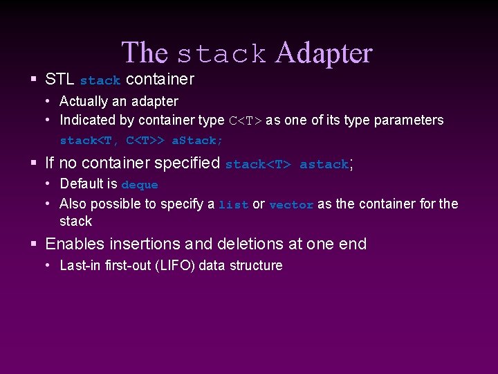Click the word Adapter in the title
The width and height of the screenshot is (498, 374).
[324, 53]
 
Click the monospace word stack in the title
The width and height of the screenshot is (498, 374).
[221, 54]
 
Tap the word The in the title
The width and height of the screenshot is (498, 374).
[145, 53]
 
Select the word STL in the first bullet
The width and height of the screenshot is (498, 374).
[59, 79]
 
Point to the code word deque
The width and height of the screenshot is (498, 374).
[140, 185]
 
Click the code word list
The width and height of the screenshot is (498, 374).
[233, 205]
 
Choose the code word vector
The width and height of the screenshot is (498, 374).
[291, 205]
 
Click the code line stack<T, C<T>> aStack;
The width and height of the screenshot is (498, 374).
[141, 141]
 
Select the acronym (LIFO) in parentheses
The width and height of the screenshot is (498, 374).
[176, 265]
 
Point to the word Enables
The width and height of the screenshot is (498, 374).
[74, 244]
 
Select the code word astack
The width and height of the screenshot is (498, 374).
[324, 165]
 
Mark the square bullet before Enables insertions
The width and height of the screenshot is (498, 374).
[34, 244]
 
